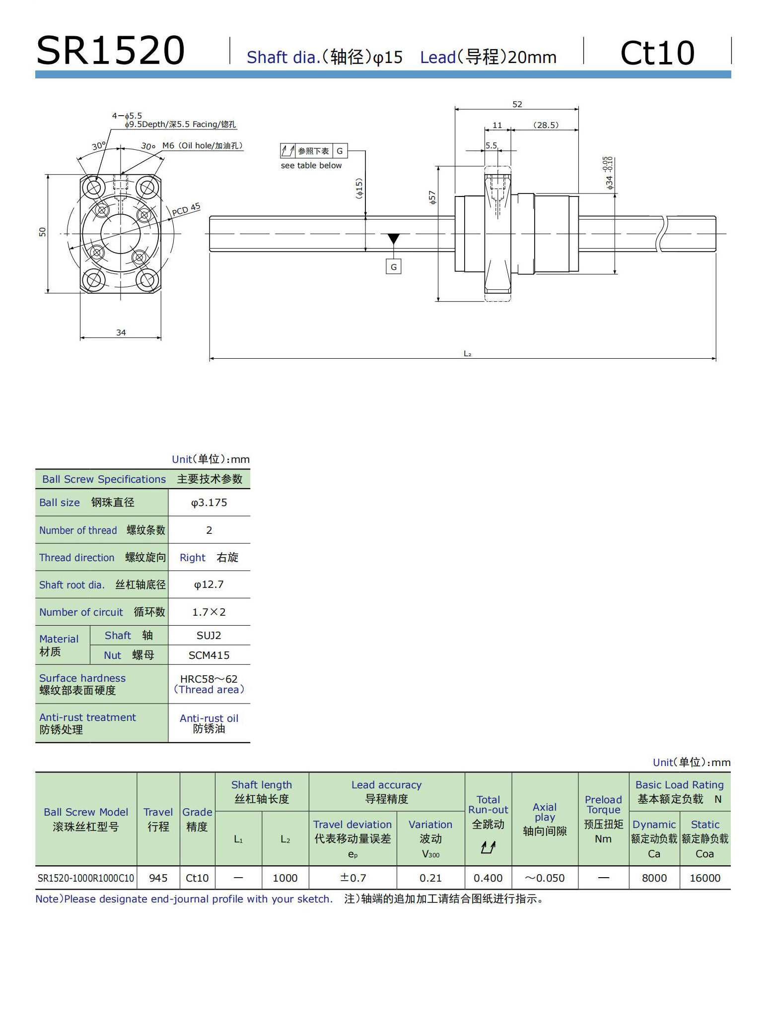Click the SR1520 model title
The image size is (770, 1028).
pyautogui.click(x=111, y=51)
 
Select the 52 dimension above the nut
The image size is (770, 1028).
pyautogui.click(x=517, y=104)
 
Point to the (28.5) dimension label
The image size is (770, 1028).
pyautogui.click(x=546, y=125)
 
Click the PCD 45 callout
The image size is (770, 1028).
pyautogui.click(x=186, y=210)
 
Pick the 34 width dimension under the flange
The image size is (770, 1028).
pyautogui.click(x=121, y=332)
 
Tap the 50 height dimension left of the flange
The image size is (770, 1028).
pyautogui.click(x=42, y=232)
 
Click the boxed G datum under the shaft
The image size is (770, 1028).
pyautogui.click(x=393, y=267)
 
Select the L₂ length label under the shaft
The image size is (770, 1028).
pyautogui.click(x=467, y=354)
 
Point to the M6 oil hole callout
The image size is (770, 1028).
pyautogui.click(x=202, y=146)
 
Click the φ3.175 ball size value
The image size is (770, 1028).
pyautogui.click(x=209, y=503)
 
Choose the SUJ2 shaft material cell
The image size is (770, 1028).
pyautogui.click(x=209, y=636)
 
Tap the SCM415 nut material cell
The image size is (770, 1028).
pyautogui.click(x=209, y=655)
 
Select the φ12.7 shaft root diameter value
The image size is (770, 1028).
pyautogui.click(x=209, y=584)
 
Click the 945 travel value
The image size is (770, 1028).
pyautogui.click(x=158, y=878)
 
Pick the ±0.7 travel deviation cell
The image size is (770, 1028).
pyautogui.click(x=352, y=878)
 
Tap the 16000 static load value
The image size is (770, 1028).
pyautogui.click(x=704, y=878)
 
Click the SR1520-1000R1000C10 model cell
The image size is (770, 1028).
pyautogui.click(x=86, y=878)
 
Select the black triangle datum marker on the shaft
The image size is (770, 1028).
pyautogui.click(x=393, y=239)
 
